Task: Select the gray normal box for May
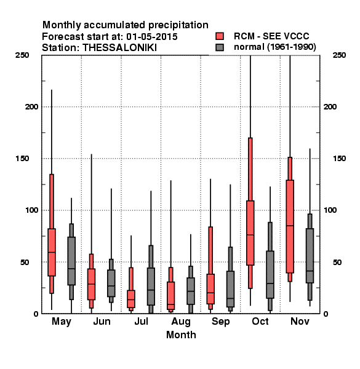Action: click(x=71, y=261)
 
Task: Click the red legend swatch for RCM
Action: click(x=220, y=36)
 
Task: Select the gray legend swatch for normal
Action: click(x=220, y=47)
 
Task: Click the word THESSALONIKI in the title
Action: click(x=119, y=48)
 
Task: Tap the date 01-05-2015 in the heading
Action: click(x=152, y=37)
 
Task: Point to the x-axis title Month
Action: click(x=181, y=335)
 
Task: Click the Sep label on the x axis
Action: click(x=220, y=322)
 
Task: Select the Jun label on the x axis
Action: click(x=102, y=321)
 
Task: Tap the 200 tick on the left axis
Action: click(x=31, y=106)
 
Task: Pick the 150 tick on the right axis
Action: click(x=340, y=159)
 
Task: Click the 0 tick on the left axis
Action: click(x=36, y=314)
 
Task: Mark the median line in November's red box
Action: click(x=290, y=226)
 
